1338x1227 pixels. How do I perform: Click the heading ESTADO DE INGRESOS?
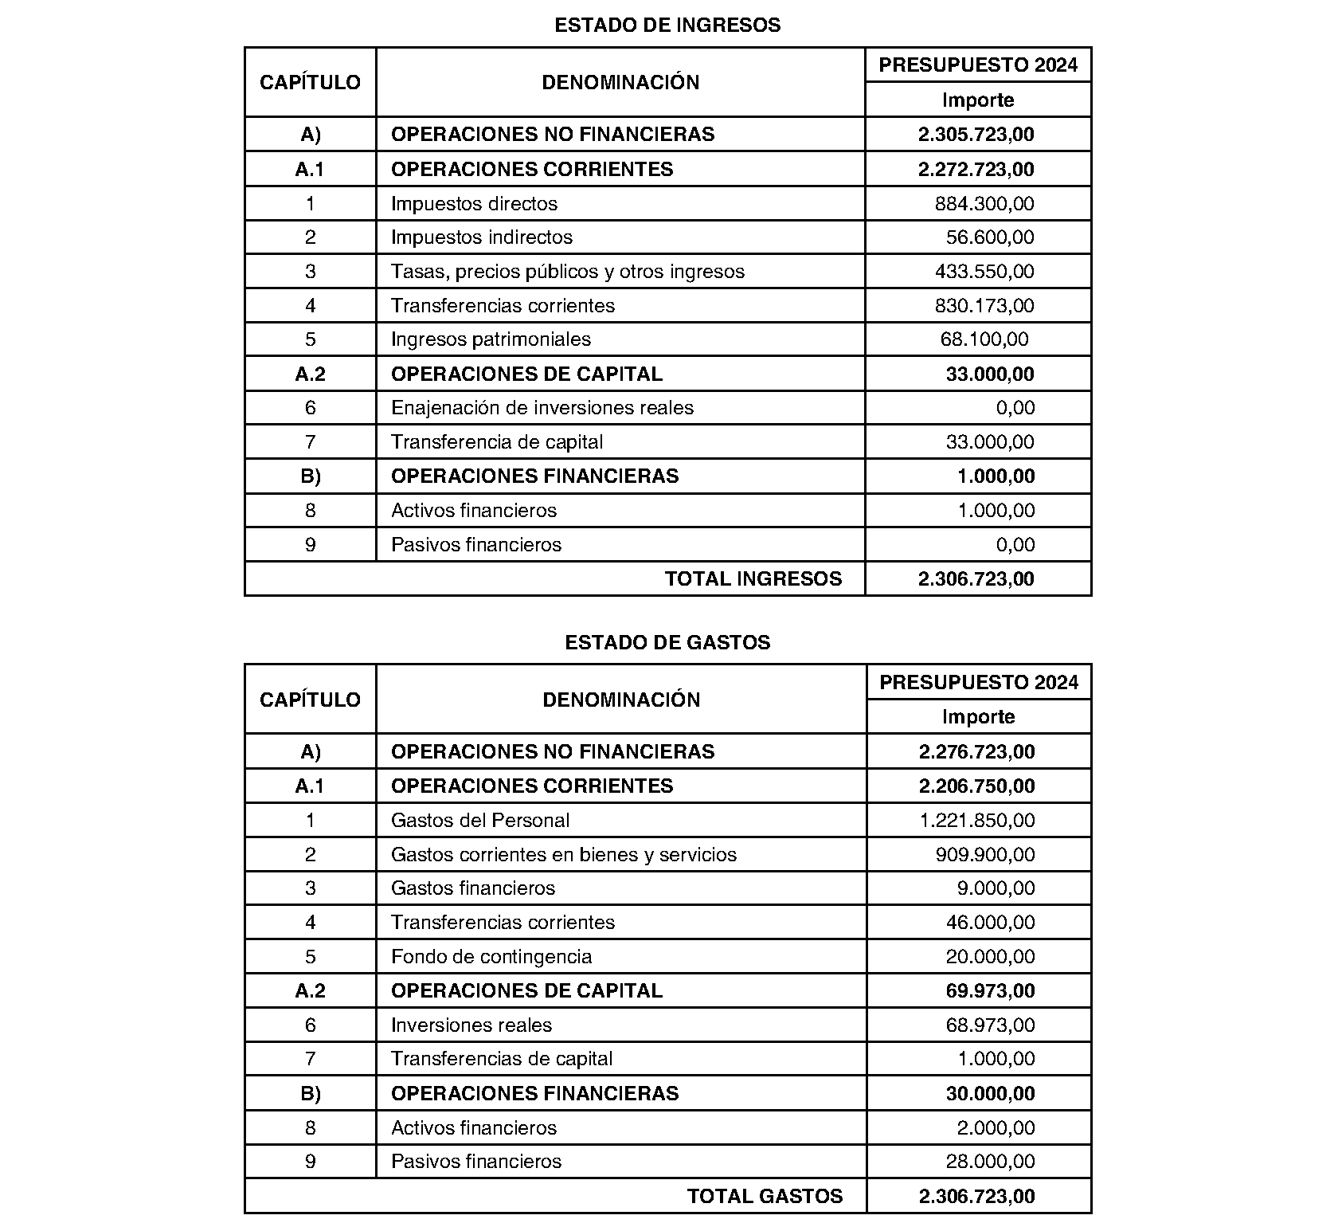[x=667, y=25]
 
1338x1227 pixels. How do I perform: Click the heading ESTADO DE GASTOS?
[x=667, y=642]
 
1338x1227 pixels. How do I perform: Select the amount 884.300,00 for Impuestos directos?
[x=984, y=204]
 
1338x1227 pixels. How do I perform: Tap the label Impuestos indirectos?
[x=482, y=237]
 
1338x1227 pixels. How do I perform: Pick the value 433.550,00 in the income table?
[x=984, y=272]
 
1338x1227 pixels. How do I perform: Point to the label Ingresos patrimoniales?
[x=491, y=339]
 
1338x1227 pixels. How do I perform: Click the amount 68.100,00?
[x=984, y=339]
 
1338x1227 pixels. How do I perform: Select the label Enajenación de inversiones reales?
[x=542, y=408]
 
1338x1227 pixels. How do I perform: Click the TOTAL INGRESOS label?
[x=753, y=579]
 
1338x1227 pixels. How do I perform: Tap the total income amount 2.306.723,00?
[x=976, y=579]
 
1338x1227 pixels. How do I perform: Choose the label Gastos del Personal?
[x=480, y=821]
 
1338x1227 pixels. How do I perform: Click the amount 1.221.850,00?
[x=977, y=821]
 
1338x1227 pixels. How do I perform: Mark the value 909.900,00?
[x=985, y=855]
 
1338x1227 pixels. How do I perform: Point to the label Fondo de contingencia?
[x=491, y=957]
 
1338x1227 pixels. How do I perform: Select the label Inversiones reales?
[x=471, y=1025]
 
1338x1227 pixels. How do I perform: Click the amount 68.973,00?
[x=990, y=1025]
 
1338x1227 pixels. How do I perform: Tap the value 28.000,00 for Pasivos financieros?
[x=990, y=1162]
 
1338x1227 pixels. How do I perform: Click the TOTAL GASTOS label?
[x=765, y=1197]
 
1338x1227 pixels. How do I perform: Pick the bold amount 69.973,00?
[x=990, y=991]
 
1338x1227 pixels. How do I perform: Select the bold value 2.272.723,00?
[x=976, y=170]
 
